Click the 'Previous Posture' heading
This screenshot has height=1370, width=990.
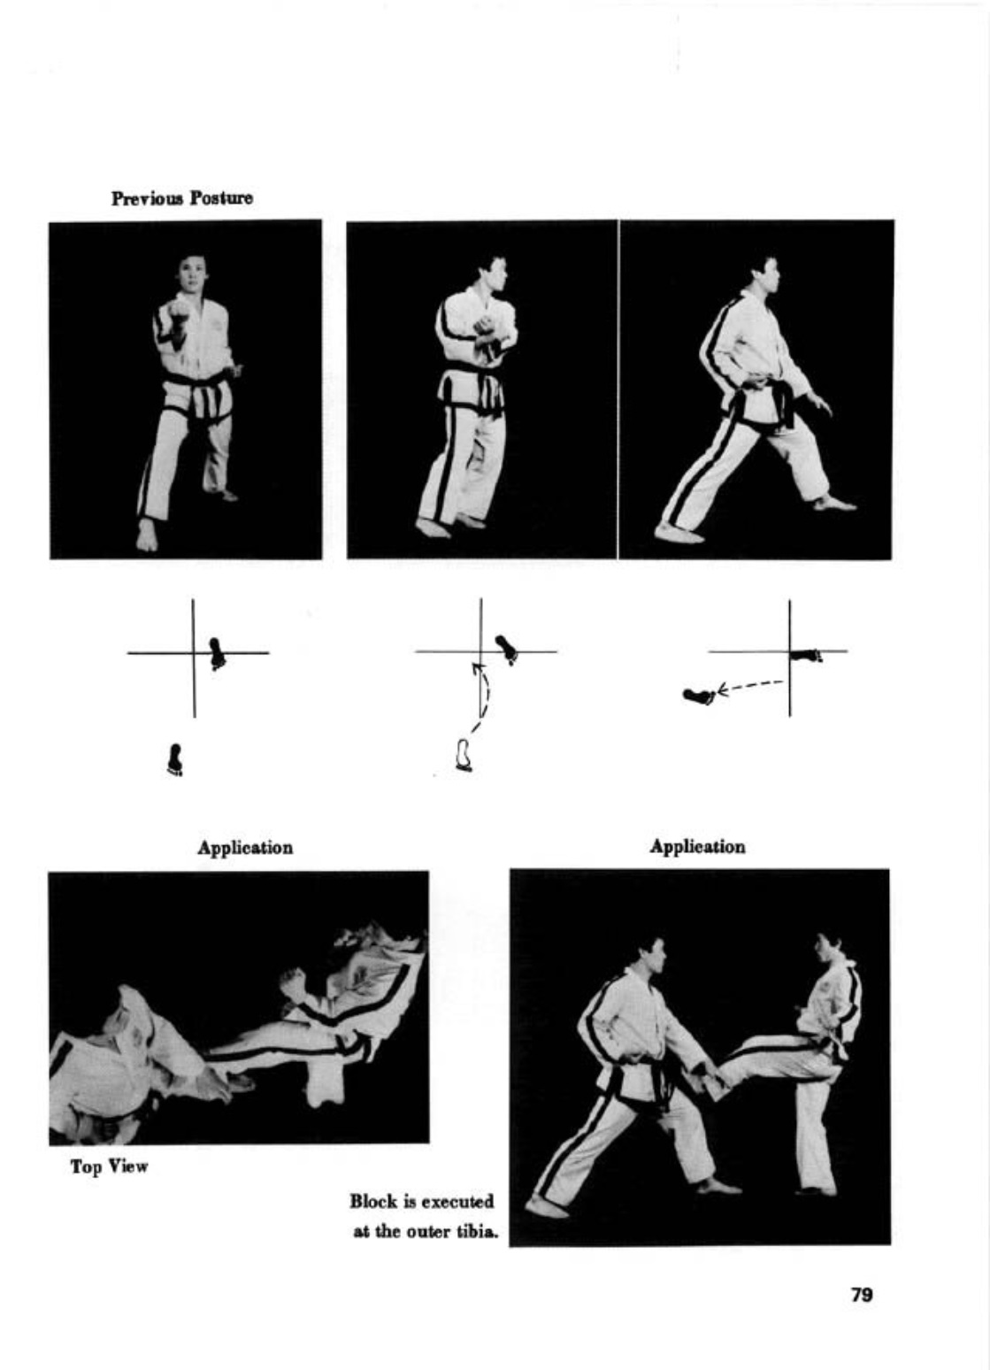[x=182, y=199]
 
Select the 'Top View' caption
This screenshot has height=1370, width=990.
[x=110, y=1166]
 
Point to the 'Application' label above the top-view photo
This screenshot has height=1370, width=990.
[x=244, y=848]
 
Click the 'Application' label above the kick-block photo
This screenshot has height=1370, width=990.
[x=697, y=847]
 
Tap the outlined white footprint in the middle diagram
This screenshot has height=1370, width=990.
[x=464, y=755]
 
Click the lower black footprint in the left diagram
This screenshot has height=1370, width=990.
[x=175, y=759]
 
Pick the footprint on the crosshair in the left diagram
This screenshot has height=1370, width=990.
[x=217, y=654]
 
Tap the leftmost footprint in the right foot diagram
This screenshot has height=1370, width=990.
[x=698, y=697]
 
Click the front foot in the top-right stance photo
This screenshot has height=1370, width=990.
[x=834, y=503]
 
